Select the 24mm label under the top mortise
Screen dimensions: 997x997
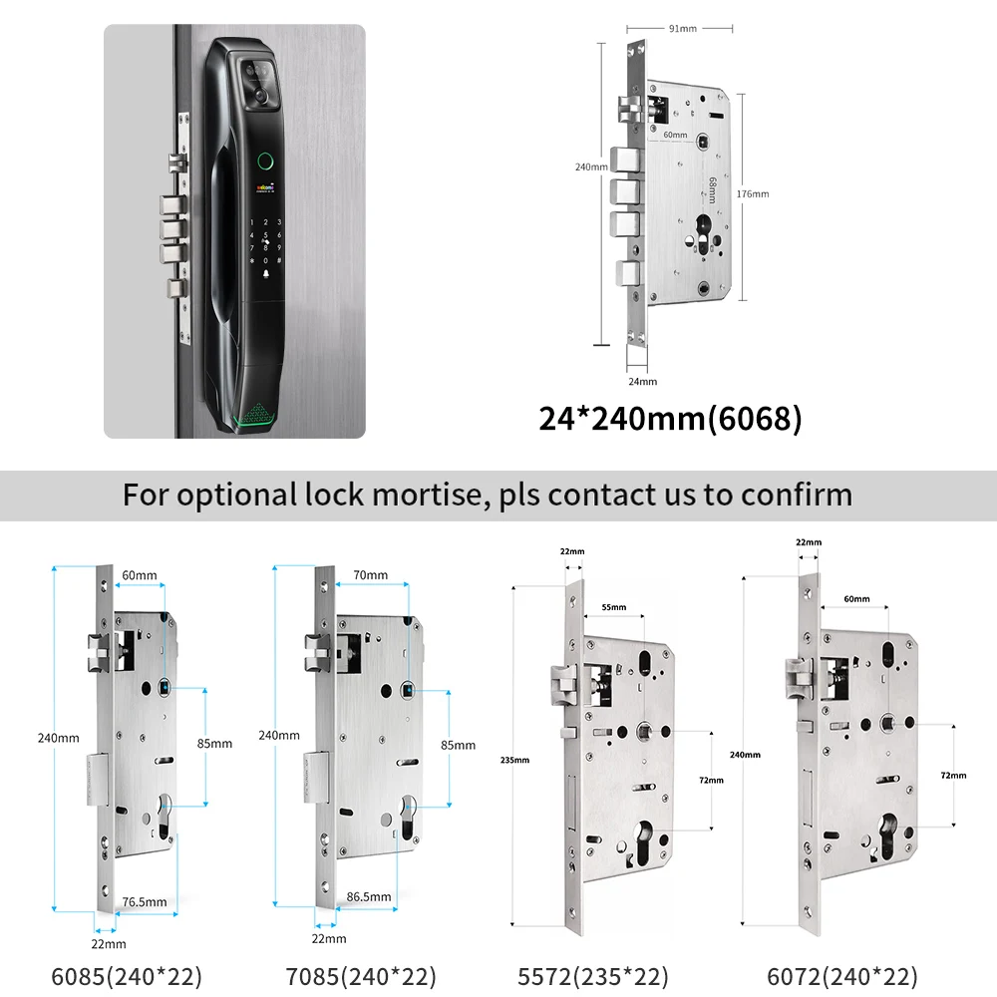coord(643,381)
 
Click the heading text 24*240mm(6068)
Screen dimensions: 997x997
coord(670,419)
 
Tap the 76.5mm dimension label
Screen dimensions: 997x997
coord(144,901)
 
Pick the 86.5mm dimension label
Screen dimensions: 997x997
coord(369,897)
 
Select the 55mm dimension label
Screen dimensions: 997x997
coord(614,607)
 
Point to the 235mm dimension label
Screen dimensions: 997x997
coord(515,760)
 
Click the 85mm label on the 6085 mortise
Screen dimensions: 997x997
coord(215,744)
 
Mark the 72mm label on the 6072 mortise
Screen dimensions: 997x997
coord(953,774)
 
